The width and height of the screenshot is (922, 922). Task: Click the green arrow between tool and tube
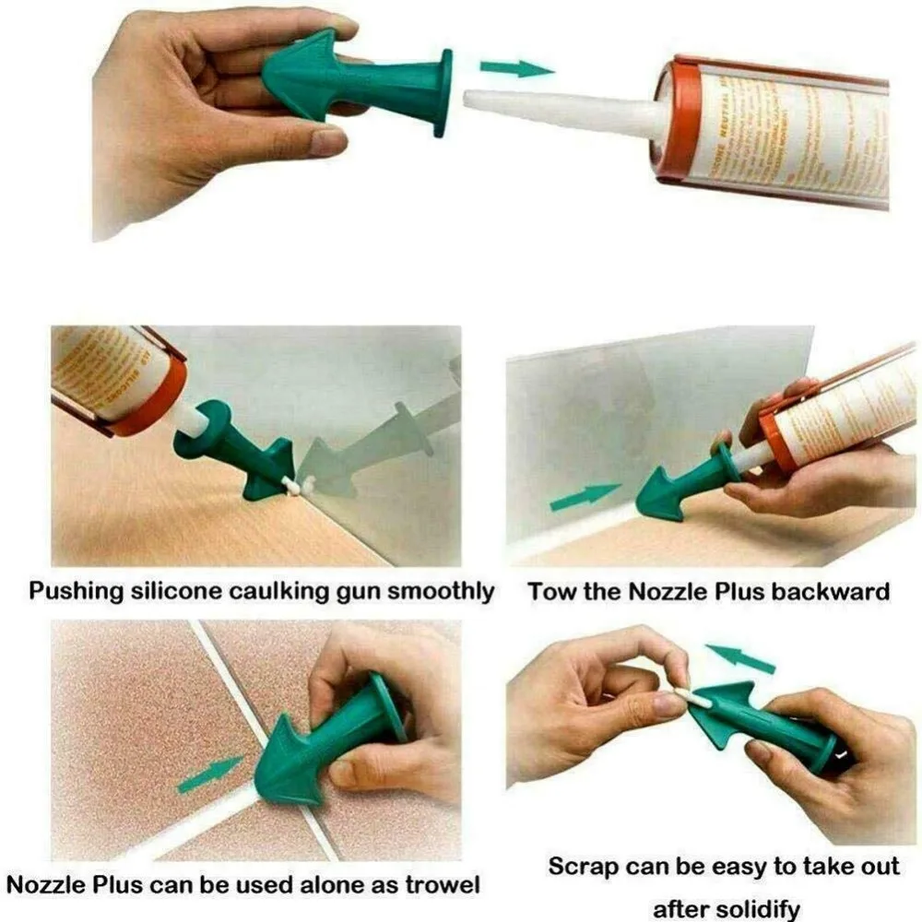tap(514, 68)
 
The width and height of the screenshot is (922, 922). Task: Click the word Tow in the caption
tap(550, 591)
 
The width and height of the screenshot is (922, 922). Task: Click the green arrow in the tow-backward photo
tap(584, 498)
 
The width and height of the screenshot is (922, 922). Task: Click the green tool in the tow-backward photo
tap(690, 484)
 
